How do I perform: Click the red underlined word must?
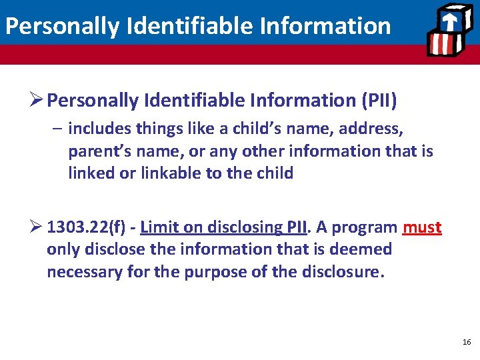click(x=422, y=227)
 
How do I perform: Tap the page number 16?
click(x=465, y=342)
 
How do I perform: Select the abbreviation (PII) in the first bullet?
click(x=379, y=101)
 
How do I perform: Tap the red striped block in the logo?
click(x=441, y=43)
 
